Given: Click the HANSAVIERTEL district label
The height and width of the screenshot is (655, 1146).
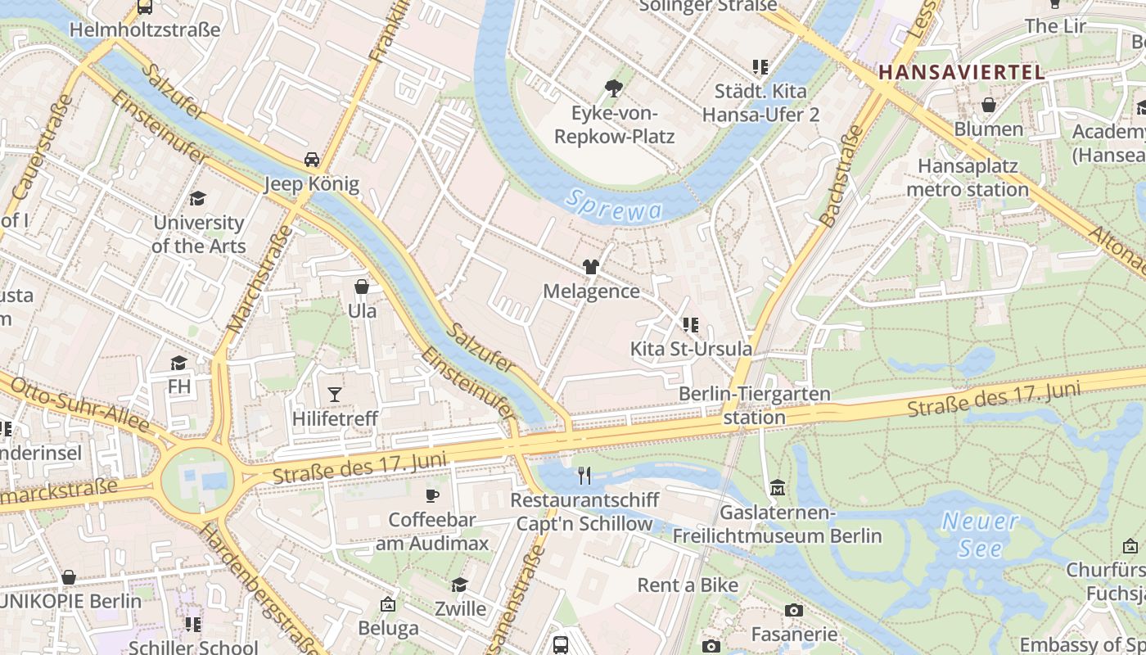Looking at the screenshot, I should coord(961,72).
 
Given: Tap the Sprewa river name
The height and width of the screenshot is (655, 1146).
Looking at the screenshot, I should coord(614,205).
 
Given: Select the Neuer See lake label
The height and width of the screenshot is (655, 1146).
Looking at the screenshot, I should coord(980,534).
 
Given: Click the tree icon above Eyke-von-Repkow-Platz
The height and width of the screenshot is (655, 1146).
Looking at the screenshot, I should coord(613,88).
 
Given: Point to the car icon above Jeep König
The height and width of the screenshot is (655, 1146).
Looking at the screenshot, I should coord(312,159).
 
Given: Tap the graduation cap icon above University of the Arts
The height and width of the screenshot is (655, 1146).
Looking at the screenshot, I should coord(197,198).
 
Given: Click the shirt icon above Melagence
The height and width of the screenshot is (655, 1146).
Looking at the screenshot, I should coord(590,267).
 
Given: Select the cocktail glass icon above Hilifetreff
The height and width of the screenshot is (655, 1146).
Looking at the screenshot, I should coord(334,395).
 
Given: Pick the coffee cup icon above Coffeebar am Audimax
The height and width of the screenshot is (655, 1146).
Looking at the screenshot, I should coord(431,495).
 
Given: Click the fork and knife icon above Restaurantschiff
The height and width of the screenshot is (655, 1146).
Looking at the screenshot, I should coord(584,475).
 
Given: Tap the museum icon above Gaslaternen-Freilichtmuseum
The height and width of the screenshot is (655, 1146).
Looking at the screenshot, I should coord(777,488).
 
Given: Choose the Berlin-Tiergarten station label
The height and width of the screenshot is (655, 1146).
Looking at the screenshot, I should coord(754,405).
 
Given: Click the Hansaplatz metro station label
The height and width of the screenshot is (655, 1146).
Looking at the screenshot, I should coord(967,178).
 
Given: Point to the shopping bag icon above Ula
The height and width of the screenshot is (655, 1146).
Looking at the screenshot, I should coord(362,287).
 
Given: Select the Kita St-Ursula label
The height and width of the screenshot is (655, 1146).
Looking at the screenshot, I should coord(690,349).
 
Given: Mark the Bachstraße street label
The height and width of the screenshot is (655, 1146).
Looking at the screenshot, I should coord(841,176).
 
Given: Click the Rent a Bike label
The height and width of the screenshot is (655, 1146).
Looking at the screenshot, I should coord(688,585).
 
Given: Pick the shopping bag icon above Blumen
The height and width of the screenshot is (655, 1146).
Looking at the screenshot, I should coord(989,105).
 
